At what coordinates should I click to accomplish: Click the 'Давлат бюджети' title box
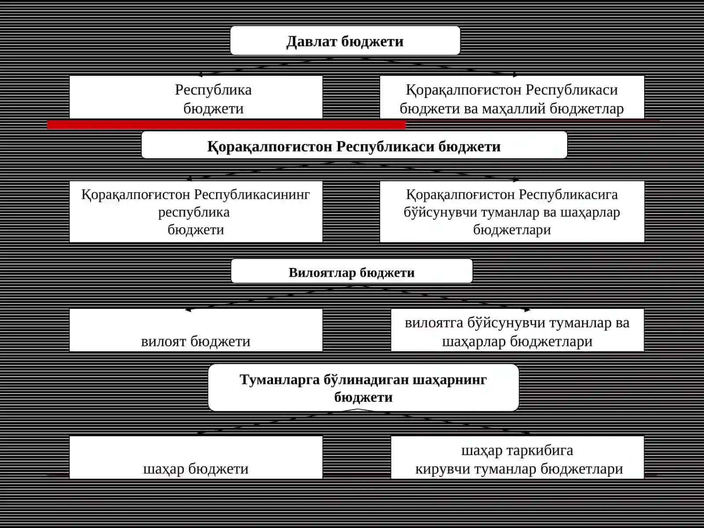coord(345,41)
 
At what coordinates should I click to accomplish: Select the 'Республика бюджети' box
coord(196,97)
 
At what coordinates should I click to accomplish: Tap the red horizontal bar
coord(226,125)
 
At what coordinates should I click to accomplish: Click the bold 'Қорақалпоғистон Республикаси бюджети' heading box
coord(354,145)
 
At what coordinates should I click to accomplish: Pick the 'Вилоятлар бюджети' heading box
coord(352,271)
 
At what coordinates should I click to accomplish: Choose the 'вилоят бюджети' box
coord(196,330)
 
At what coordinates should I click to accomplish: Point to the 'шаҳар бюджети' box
coord(196,458)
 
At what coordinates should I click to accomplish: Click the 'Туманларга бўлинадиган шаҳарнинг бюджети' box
coord(363,388)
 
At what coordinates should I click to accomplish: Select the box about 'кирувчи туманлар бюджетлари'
coord(517,458)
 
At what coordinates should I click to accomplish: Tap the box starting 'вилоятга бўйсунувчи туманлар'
coord(517,330)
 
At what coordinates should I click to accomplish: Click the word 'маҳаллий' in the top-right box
coord(514,109)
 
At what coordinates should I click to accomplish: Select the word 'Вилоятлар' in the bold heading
coord(322,272)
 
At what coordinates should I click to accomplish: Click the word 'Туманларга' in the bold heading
coord(280,380)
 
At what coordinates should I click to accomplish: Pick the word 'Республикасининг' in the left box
coord(252,194)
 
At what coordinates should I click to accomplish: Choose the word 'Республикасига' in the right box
coord(568,194)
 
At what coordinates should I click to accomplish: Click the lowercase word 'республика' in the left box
coord(194,213)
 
